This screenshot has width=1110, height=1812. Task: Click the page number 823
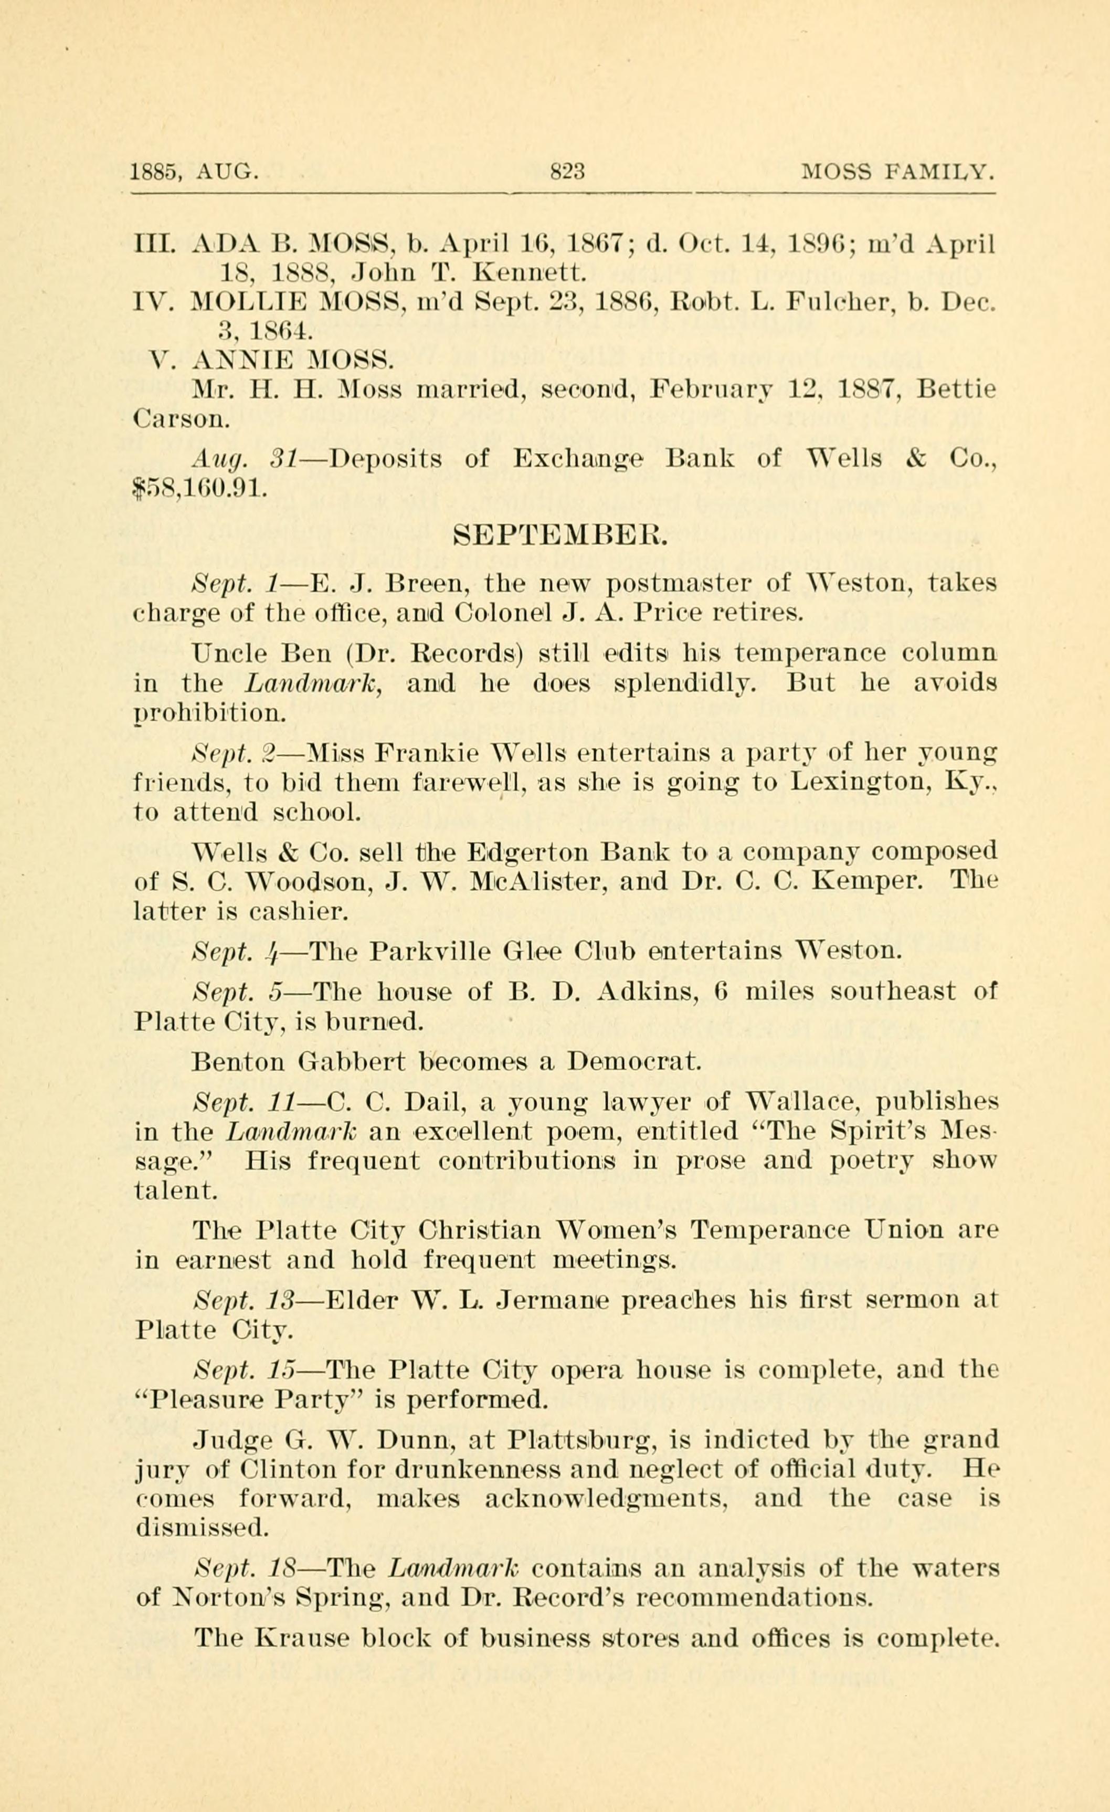567,172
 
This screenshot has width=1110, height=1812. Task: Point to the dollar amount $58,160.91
196,488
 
